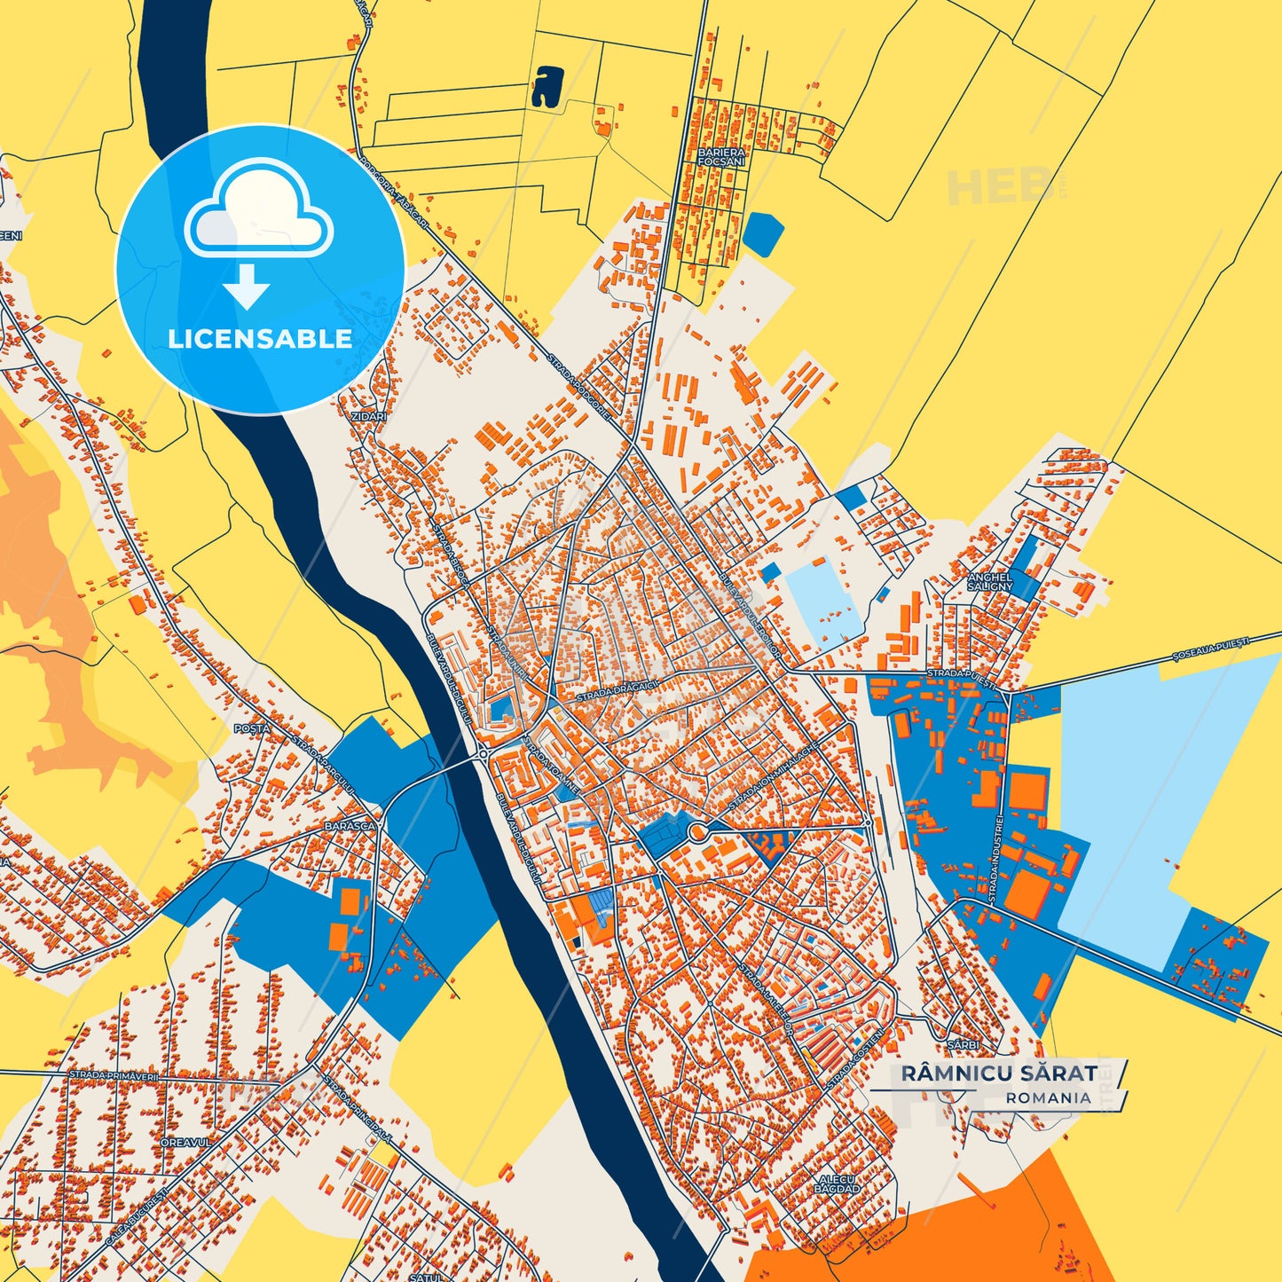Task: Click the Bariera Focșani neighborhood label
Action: click(x=722, y=157)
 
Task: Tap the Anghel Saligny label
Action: click(x=989, y=582)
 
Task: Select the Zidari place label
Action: click(x=369, y=416)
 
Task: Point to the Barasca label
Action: click(x=351, y=825)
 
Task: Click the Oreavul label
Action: click(x=186, y=1143)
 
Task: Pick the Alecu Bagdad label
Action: click(x=838, y=1184)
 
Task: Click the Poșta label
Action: click(x=251, y=728)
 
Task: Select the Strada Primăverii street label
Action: click(x=114, y=1075)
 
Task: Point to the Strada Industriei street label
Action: click(x=995, y=860)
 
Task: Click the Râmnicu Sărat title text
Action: click(x=999, y=1074)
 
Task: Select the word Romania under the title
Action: click(x=1049, y=1097)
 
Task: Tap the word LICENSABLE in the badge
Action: click(x=260, y=339)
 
